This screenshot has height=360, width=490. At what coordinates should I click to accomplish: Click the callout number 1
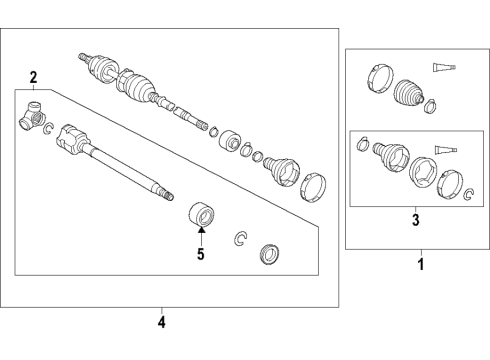(420, 266)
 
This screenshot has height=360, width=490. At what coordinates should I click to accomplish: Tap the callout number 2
(33, 77)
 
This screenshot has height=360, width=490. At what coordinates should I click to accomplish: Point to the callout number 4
(163, 322)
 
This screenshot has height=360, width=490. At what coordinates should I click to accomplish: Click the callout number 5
(200, 254)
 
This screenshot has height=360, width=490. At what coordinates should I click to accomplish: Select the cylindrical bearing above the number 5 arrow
(202, 214)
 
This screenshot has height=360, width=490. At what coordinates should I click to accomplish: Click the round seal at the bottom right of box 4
(270, 253)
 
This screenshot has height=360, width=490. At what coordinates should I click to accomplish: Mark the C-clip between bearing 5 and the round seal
(240, 237)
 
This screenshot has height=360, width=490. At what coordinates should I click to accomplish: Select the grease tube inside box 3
(449, 151)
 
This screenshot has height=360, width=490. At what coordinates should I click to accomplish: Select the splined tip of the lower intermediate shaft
(166, 193)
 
